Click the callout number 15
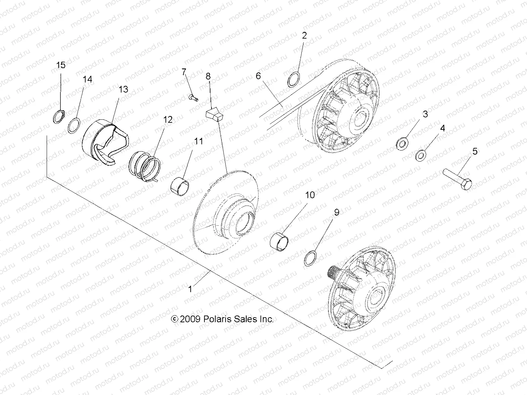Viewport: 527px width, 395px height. [61, 65]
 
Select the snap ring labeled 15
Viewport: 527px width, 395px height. [59, 116]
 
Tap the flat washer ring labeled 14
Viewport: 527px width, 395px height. [74, 126]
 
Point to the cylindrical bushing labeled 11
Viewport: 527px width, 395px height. [180, 187]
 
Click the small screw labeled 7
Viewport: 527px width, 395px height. [193, 97]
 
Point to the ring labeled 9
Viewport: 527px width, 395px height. [310, 258]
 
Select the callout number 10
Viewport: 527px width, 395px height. [310, 195]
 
